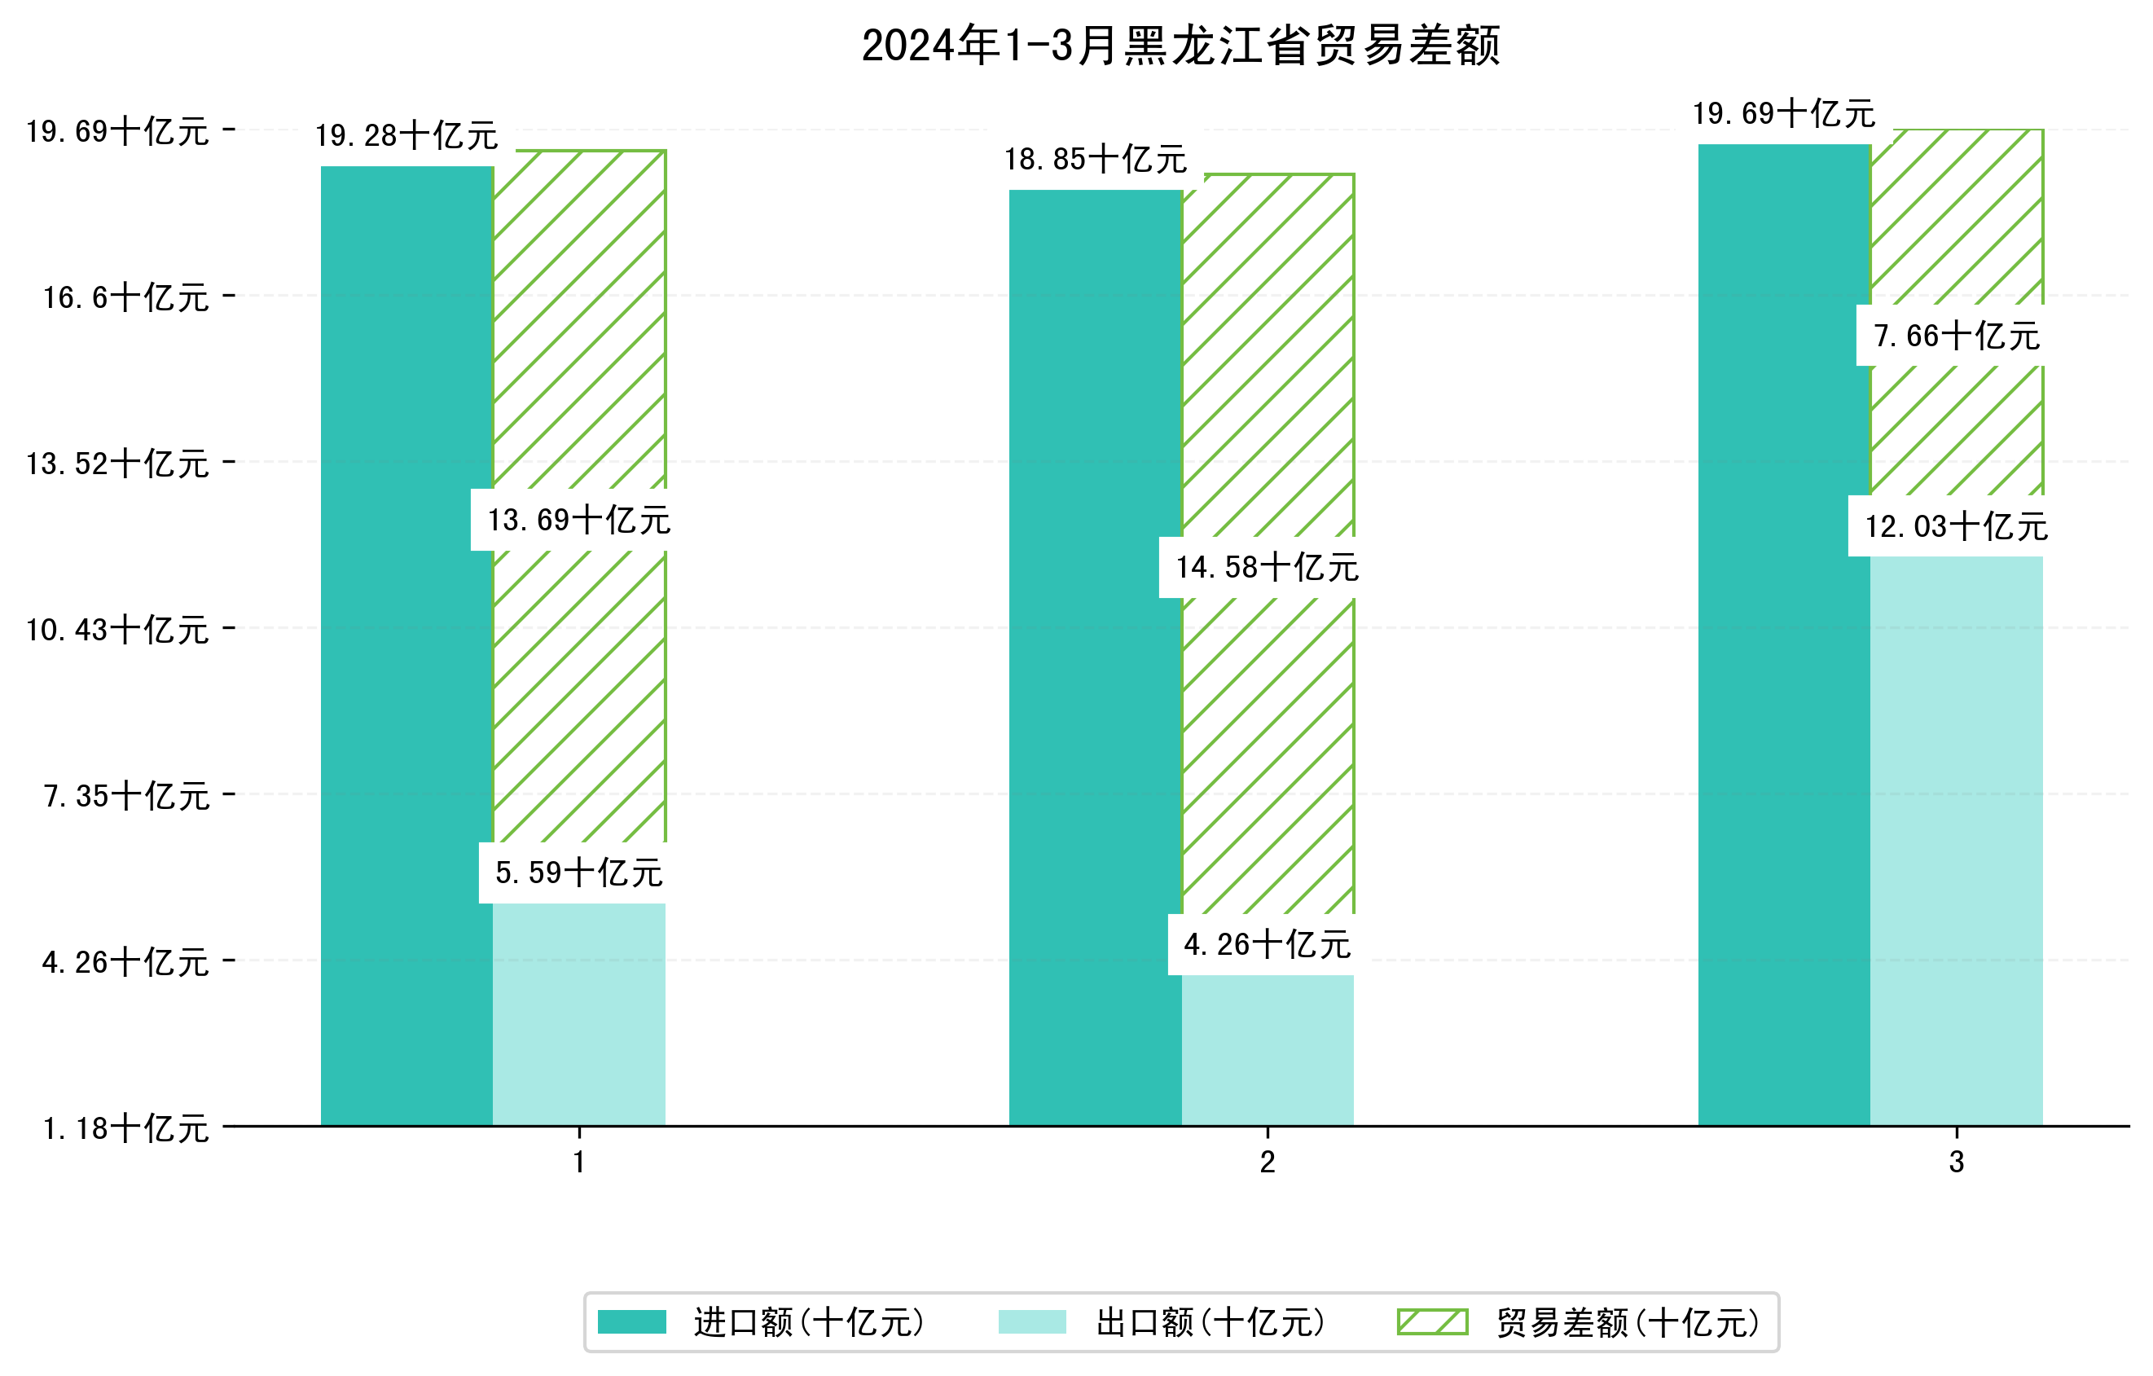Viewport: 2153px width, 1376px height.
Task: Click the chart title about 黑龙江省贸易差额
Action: coord(1180,46)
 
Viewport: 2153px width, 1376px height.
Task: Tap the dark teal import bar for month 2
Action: coord(1096,657)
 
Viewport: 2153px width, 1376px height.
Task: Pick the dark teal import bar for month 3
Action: coord(1784,635)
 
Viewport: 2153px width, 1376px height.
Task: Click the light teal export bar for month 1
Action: coord(578,1014)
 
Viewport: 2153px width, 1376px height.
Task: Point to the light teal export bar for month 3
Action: coord(1957,841)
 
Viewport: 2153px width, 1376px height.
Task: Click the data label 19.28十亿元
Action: coord(406,136)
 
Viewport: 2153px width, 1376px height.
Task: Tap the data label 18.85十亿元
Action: coord(1096,160)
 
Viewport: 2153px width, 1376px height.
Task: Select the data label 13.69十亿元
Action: coord(578,521)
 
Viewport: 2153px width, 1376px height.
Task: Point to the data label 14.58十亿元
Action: coord(1267,568)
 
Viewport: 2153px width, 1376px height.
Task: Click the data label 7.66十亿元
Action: coord(1957,336)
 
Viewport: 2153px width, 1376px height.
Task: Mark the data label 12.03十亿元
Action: coord(1957,526)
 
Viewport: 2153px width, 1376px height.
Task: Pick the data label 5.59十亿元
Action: coord(578,873)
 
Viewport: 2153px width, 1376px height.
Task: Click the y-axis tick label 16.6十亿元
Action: coord(126,297)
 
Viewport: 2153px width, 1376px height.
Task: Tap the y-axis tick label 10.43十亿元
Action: coord(117,631)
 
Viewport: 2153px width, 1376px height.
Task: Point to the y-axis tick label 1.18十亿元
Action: coord(126,1128)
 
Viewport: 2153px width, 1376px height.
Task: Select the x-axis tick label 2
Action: coord(1267,1163)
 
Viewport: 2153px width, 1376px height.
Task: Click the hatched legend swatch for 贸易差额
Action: coord(1432,1321)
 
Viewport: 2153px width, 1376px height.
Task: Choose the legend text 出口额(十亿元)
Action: coord(1210,1322)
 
